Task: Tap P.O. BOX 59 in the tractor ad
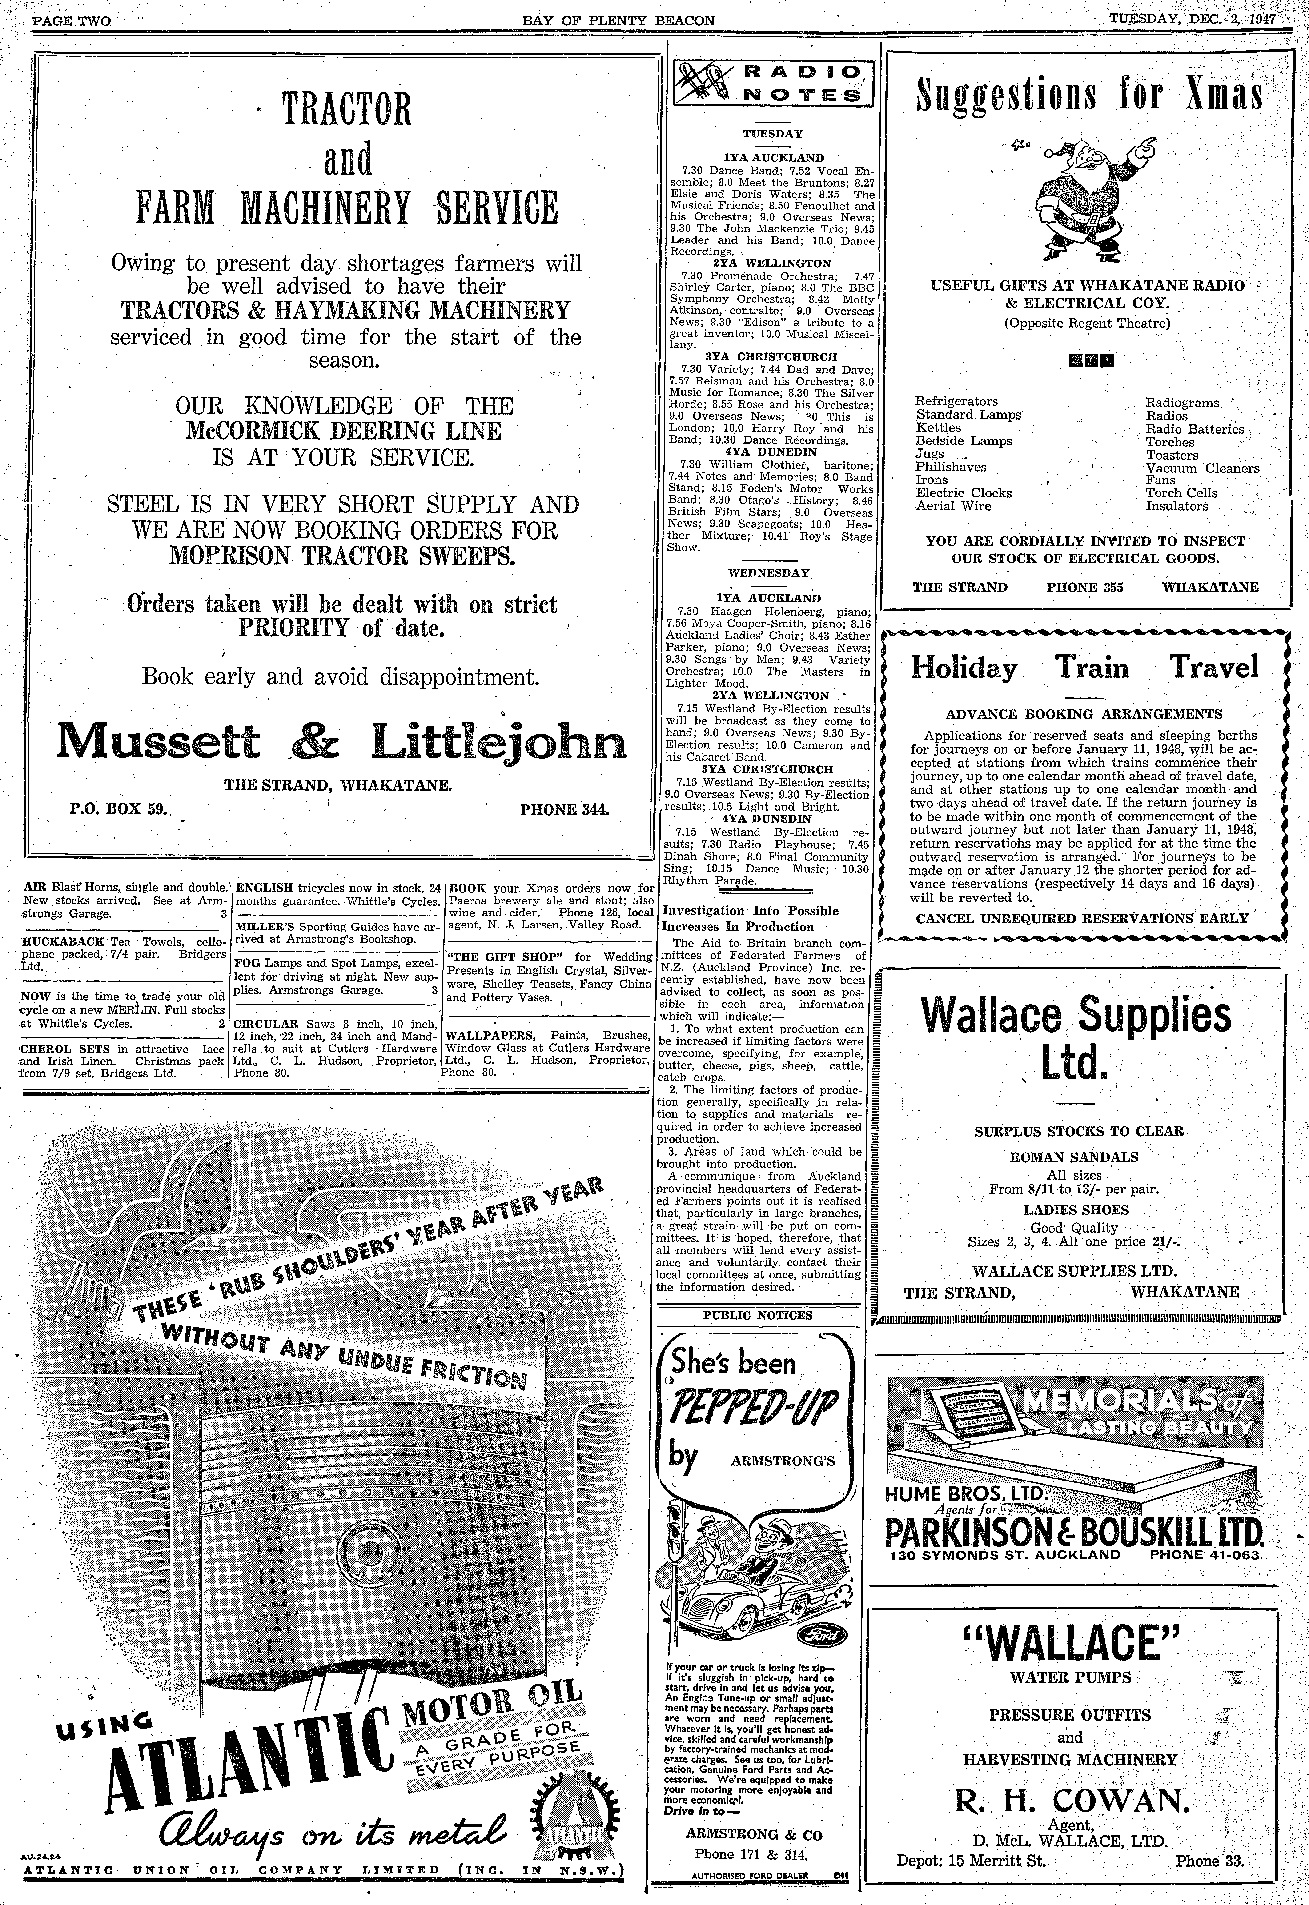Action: (118, 809)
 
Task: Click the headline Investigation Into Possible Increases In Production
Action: (750, 918)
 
